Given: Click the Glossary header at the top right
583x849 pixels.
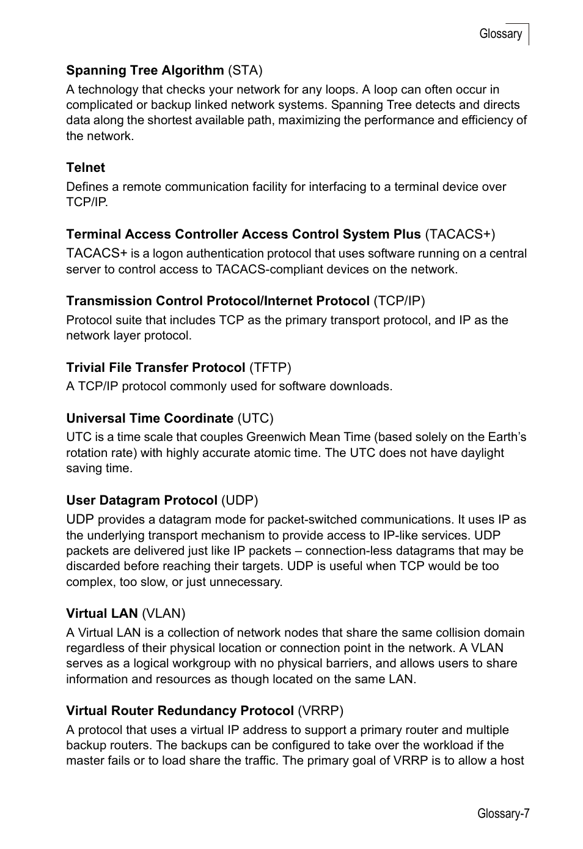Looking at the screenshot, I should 500,34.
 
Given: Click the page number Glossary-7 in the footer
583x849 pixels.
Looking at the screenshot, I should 503,814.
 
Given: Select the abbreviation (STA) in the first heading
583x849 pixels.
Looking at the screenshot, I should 245,70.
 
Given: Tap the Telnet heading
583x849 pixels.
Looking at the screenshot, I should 86,168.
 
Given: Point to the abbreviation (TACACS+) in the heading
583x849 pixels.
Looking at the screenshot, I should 460,234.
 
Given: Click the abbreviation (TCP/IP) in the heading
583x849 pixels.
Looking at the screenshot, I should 399,301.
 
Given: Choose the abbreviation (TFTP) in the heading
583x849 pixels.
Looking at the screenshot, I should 270,368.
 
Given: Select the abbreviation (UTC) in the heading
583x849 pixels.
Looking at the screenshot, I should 255,418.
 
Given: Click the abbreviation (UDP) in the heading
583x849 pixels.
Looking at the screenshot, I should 240,500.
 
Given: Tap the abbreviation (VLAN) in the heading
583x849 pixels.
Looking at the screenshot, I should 163,613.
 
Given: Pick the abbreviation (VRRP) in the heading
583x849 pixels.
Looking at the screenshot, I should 320,711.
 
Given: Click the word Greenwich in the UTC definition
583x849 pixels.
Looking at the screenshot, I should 276,437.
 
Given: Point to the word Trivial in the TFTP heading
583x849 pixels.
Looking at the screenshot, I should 85,368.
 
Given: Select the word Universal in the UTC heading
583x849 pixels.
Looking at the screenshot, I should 95,418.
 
